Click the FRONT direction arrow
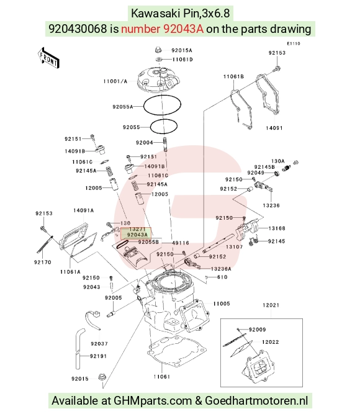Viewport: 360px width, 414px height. click(48, 58)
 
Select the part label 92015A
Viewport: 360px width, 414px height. click(182, 50)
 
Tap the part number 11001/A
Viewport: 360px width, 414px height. click(115, 81)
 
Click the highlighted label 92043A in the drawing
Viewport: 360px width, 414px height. click(137, 235)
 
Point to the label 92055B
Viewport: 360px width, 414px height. click(148, 242)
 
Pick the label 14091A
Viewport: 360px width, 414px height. click(83, 210)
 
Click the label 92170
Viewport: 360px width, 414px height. click(43, 262)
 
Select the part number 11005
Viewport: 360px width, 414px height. click(222, 304)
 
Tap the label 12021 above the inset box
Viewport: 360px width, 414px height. click(271, 305)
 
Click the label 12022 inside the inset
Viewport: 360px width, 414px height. click(271, 342)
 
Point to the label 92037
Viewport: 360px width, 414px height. click(99, 344)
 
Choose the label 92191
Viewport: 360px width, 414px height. click(99, 356)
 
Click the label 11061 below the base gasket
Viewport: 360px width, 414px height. click(162, 377)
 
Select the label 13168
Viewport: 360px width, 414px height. click(277, 228)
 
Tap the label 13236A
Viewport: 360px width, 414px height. click(221, 269)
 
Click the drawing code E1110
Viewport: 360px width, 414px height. click(294, 43)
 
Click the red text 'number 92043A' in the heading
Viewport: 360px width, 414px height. click(163, 29)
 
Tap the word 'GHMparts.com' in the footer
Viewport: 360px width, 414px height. click(153, 401)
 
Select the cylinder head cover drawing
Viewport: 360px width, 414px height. click(160, 80)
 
